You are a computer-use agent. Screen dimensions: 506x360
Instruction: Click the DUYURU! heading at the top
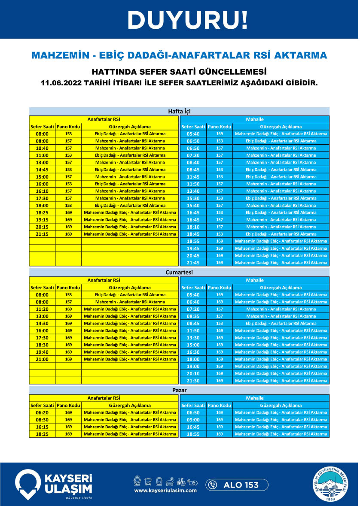(188, 19)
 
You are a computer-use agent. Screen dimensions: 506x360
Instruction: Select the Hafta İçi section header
(179, 111)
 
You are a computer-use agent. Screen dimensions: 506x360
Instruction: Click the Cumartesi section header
(179, 272)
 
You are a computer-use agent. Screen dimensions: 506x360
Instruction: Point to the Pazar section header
(179, 390)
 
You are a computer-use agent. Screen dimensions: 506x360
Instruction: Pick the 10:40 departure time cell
(42, 148)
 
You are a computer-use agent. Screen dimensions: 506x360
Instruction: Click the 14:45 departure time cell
(42, 170)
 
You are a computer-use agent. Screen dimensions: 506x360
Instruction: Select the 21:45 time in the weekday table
(193, 263)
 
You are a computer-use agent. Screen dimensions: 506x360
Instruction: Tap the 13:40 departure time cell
(193, 191)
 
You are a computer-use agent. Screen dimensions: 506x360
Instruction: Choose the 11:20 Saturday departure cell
(42, 309)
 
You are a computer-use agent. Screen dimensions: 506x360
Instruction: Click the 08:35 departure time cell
(193, 316)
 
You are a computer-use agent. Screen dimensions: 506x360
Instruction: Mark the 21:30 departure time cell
(193, 381)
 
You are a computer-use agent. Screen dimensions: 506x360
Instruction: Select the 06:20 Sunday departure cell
(42, 412)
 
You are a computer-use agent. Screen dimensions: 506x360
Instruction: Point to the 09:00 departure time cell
(193, 420)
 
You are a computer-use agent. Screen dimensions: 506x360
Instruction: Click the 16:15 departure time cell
(42, 427)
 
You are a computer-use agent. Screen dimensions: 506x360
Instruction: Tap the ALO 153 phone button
(237, 485)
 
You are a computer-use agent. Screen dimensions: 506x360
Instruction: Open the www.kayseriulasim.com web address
(165, 490)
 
